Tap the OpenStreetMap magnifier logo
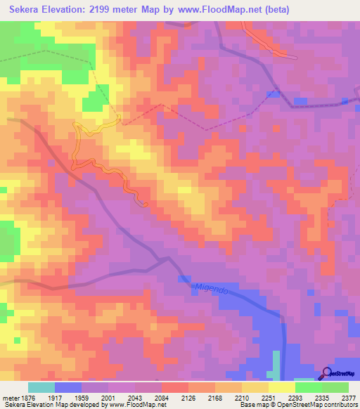pos(327,373)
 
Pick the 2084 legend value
pos(161,396)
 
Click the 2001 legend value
pos(108,396)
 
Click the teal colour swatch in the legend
pos(41,387)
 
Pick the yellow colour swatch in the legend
pos(282,387)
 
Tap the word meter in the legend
pos(10,396)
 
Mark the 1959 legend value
pos(82,396)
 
